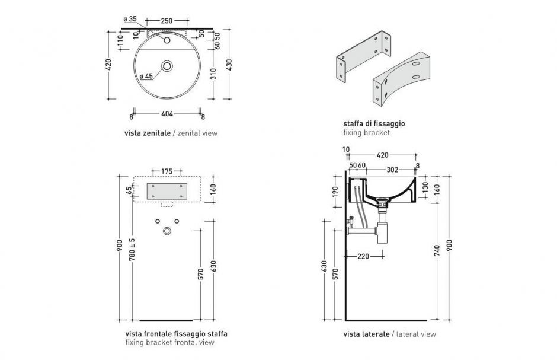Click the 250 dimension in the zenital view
tap(167, 21)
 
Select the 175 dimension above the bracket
tap(167, 171)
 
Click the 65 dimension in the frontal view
tap(129, 191)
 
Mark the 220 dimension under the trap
tap(364, 257)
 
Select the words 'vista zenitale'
tap(146, 133)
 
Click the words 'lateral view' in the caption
tap(416, 334)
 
